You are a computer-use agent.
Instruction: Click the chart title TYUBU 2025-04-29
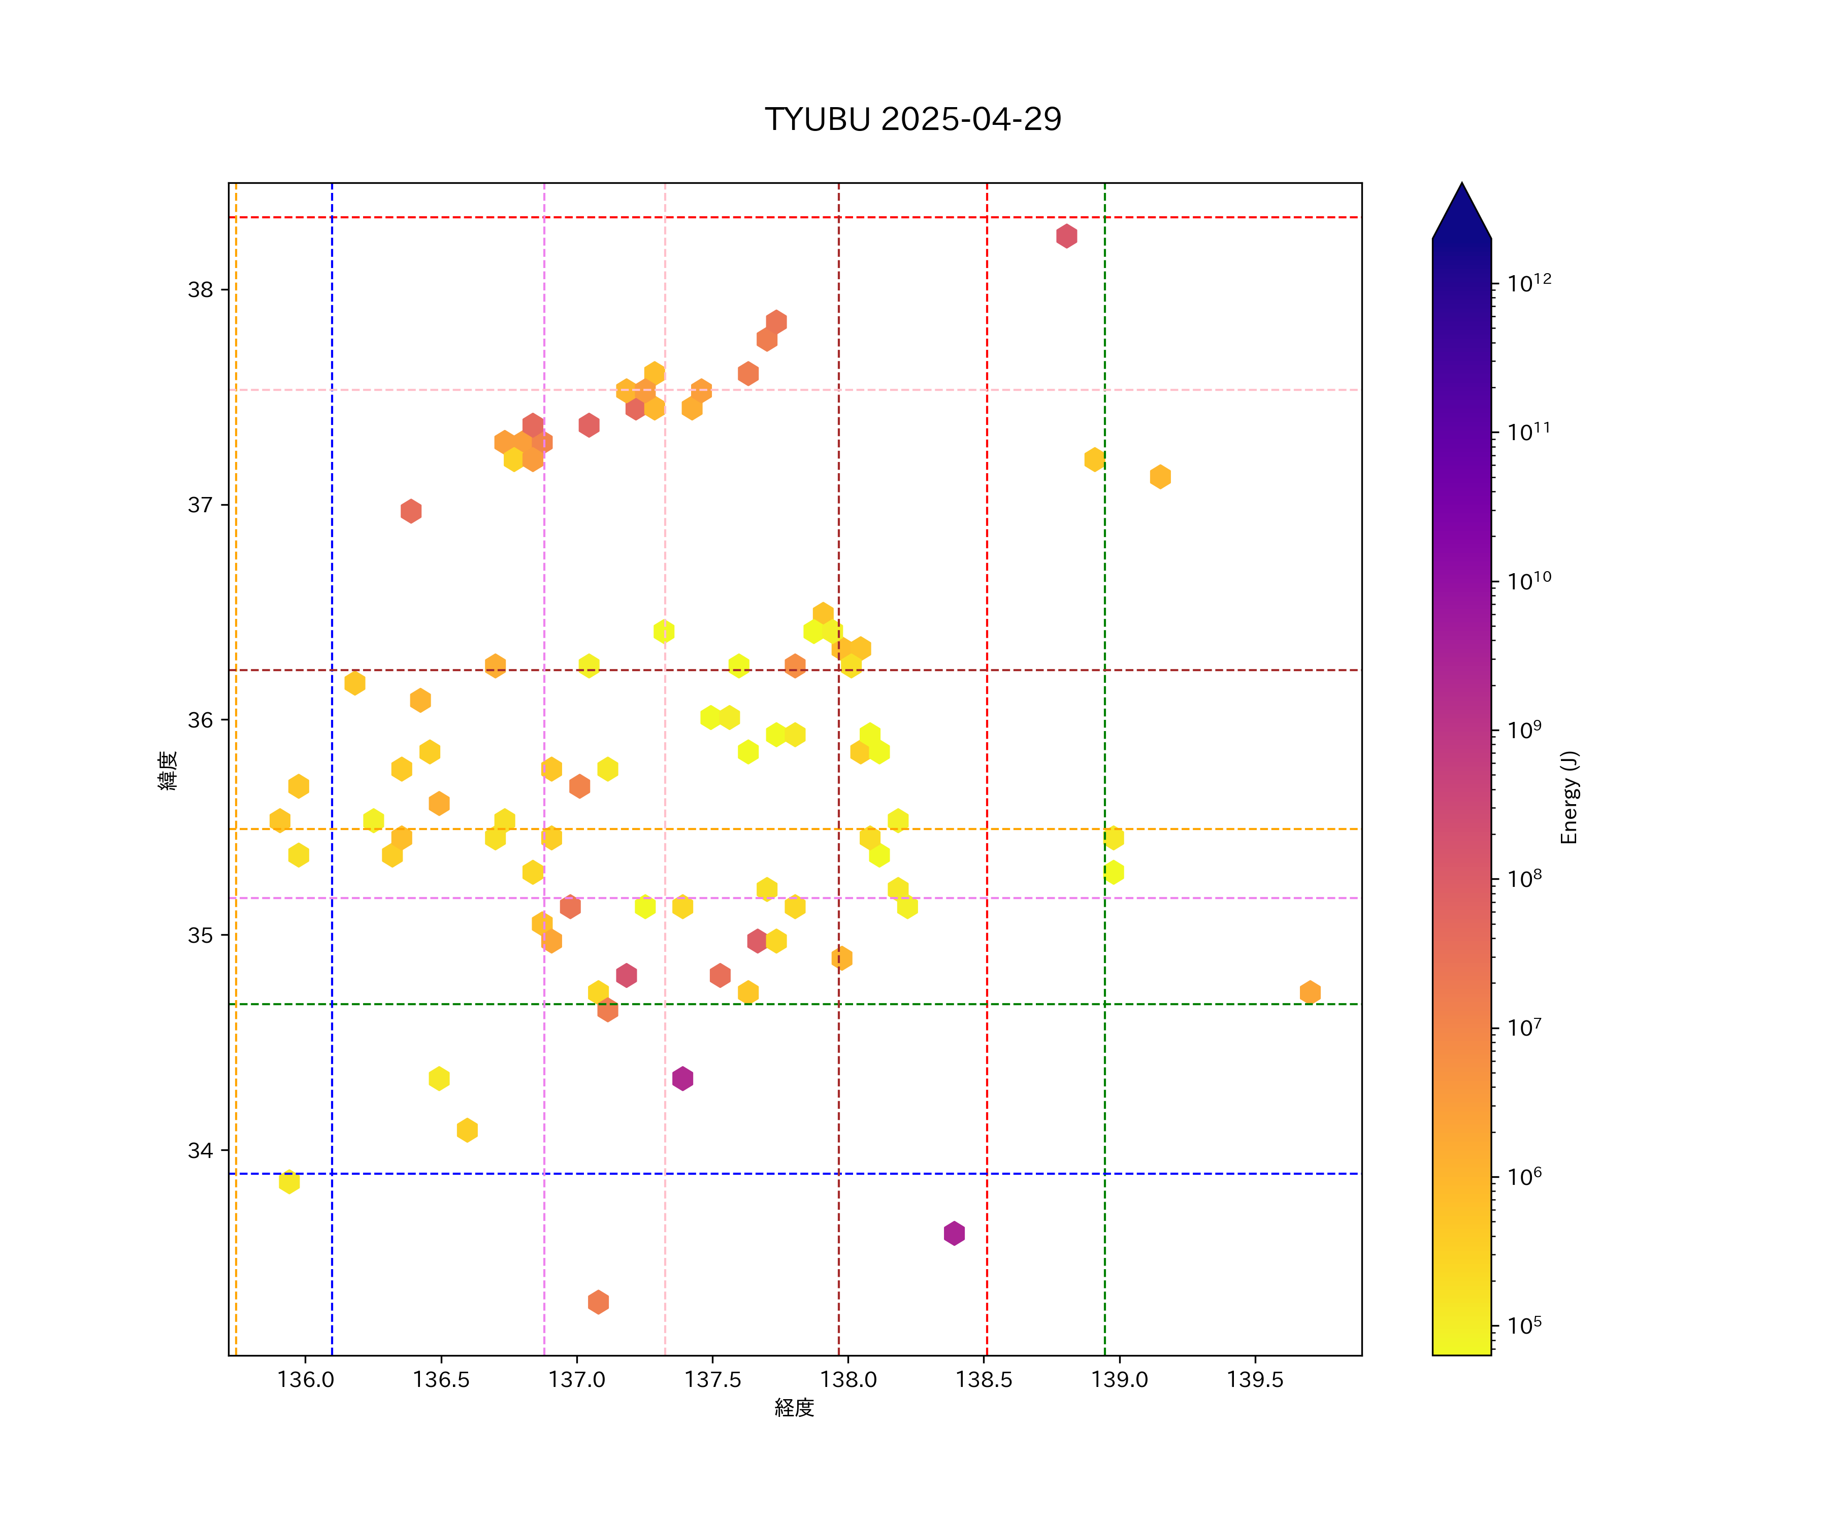pyautogui.click(x=912, y=119)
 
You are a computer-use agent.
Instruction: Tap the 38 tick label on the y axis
pyautogui.click(x=200, y=290)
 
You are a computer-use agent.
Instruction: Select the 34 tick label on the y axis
pyautogui.click(x=200, y=1150)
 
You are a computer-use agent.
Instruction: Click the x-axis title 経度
pyautogui.click(x=794, y=1408)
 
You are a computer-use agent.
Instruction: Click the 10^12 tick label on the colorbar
pyautogui.click(x=1529, y=283)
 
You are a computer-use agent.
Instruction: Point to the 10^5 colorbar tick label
pyautogui.click(x=1524, y=1326)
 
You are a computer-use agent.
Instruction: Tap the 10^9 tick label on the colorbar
pyautogui.click(x=1524, y=730)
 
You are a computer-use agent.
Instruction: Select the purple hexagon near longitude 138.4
pyautogui.click(x=954, y=1233)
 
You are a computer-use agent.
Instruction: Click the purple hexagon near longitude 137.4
pyautogui.click(x=682, y=1078)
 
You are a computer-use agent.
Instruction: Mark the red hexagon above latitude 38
pyautogui.click(x=1066, y=236)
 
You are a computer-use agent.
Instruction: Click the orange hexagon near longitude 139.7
pyautogui.click(x=1310, y=992)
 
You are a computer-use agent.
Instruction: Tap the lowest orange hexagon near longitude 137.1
pyautogui.click(x=598, y=1302)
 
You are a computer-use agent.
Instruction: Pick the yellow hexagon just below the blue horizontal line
pyautogui.click(x=289, y=1182)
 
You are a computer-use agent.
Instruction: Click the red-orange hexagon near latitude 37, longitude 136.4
pyautogui.click(x=411, y=511)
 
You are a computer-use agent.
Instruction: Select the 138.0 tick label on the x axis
pyautogui.click(x=848, y=1380)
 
